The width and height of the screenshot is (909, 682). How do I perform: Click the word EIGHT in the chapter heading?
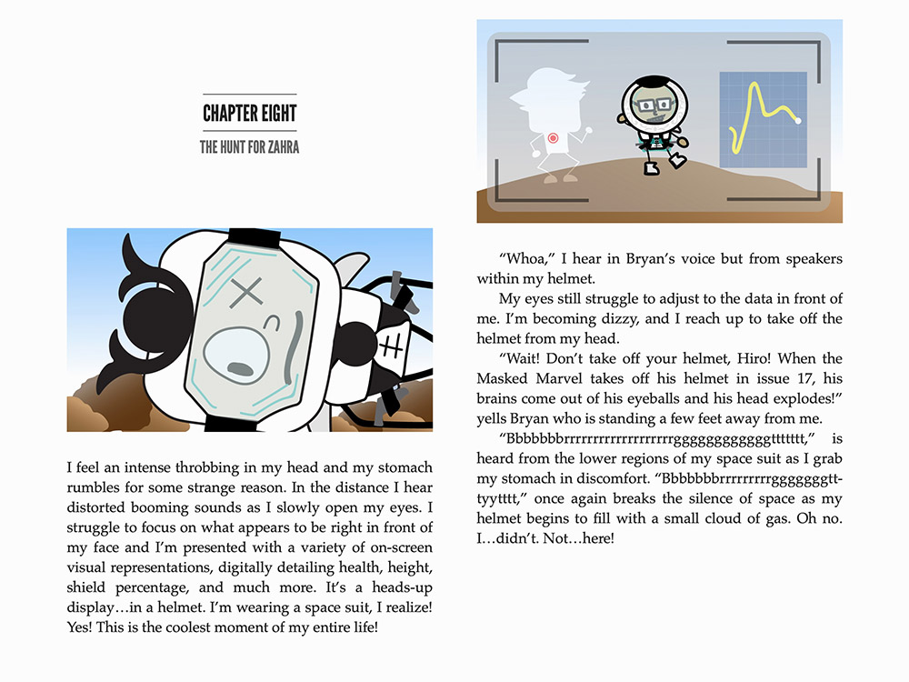point(275,114)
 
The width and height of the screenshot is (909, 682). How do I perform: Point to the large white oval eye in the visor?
point(240,358)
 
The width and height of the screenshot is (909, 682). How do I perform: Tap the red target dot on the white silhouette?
point(553,138)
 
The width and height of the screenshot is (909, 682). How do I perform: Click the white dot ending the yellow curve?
point(798,121)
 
